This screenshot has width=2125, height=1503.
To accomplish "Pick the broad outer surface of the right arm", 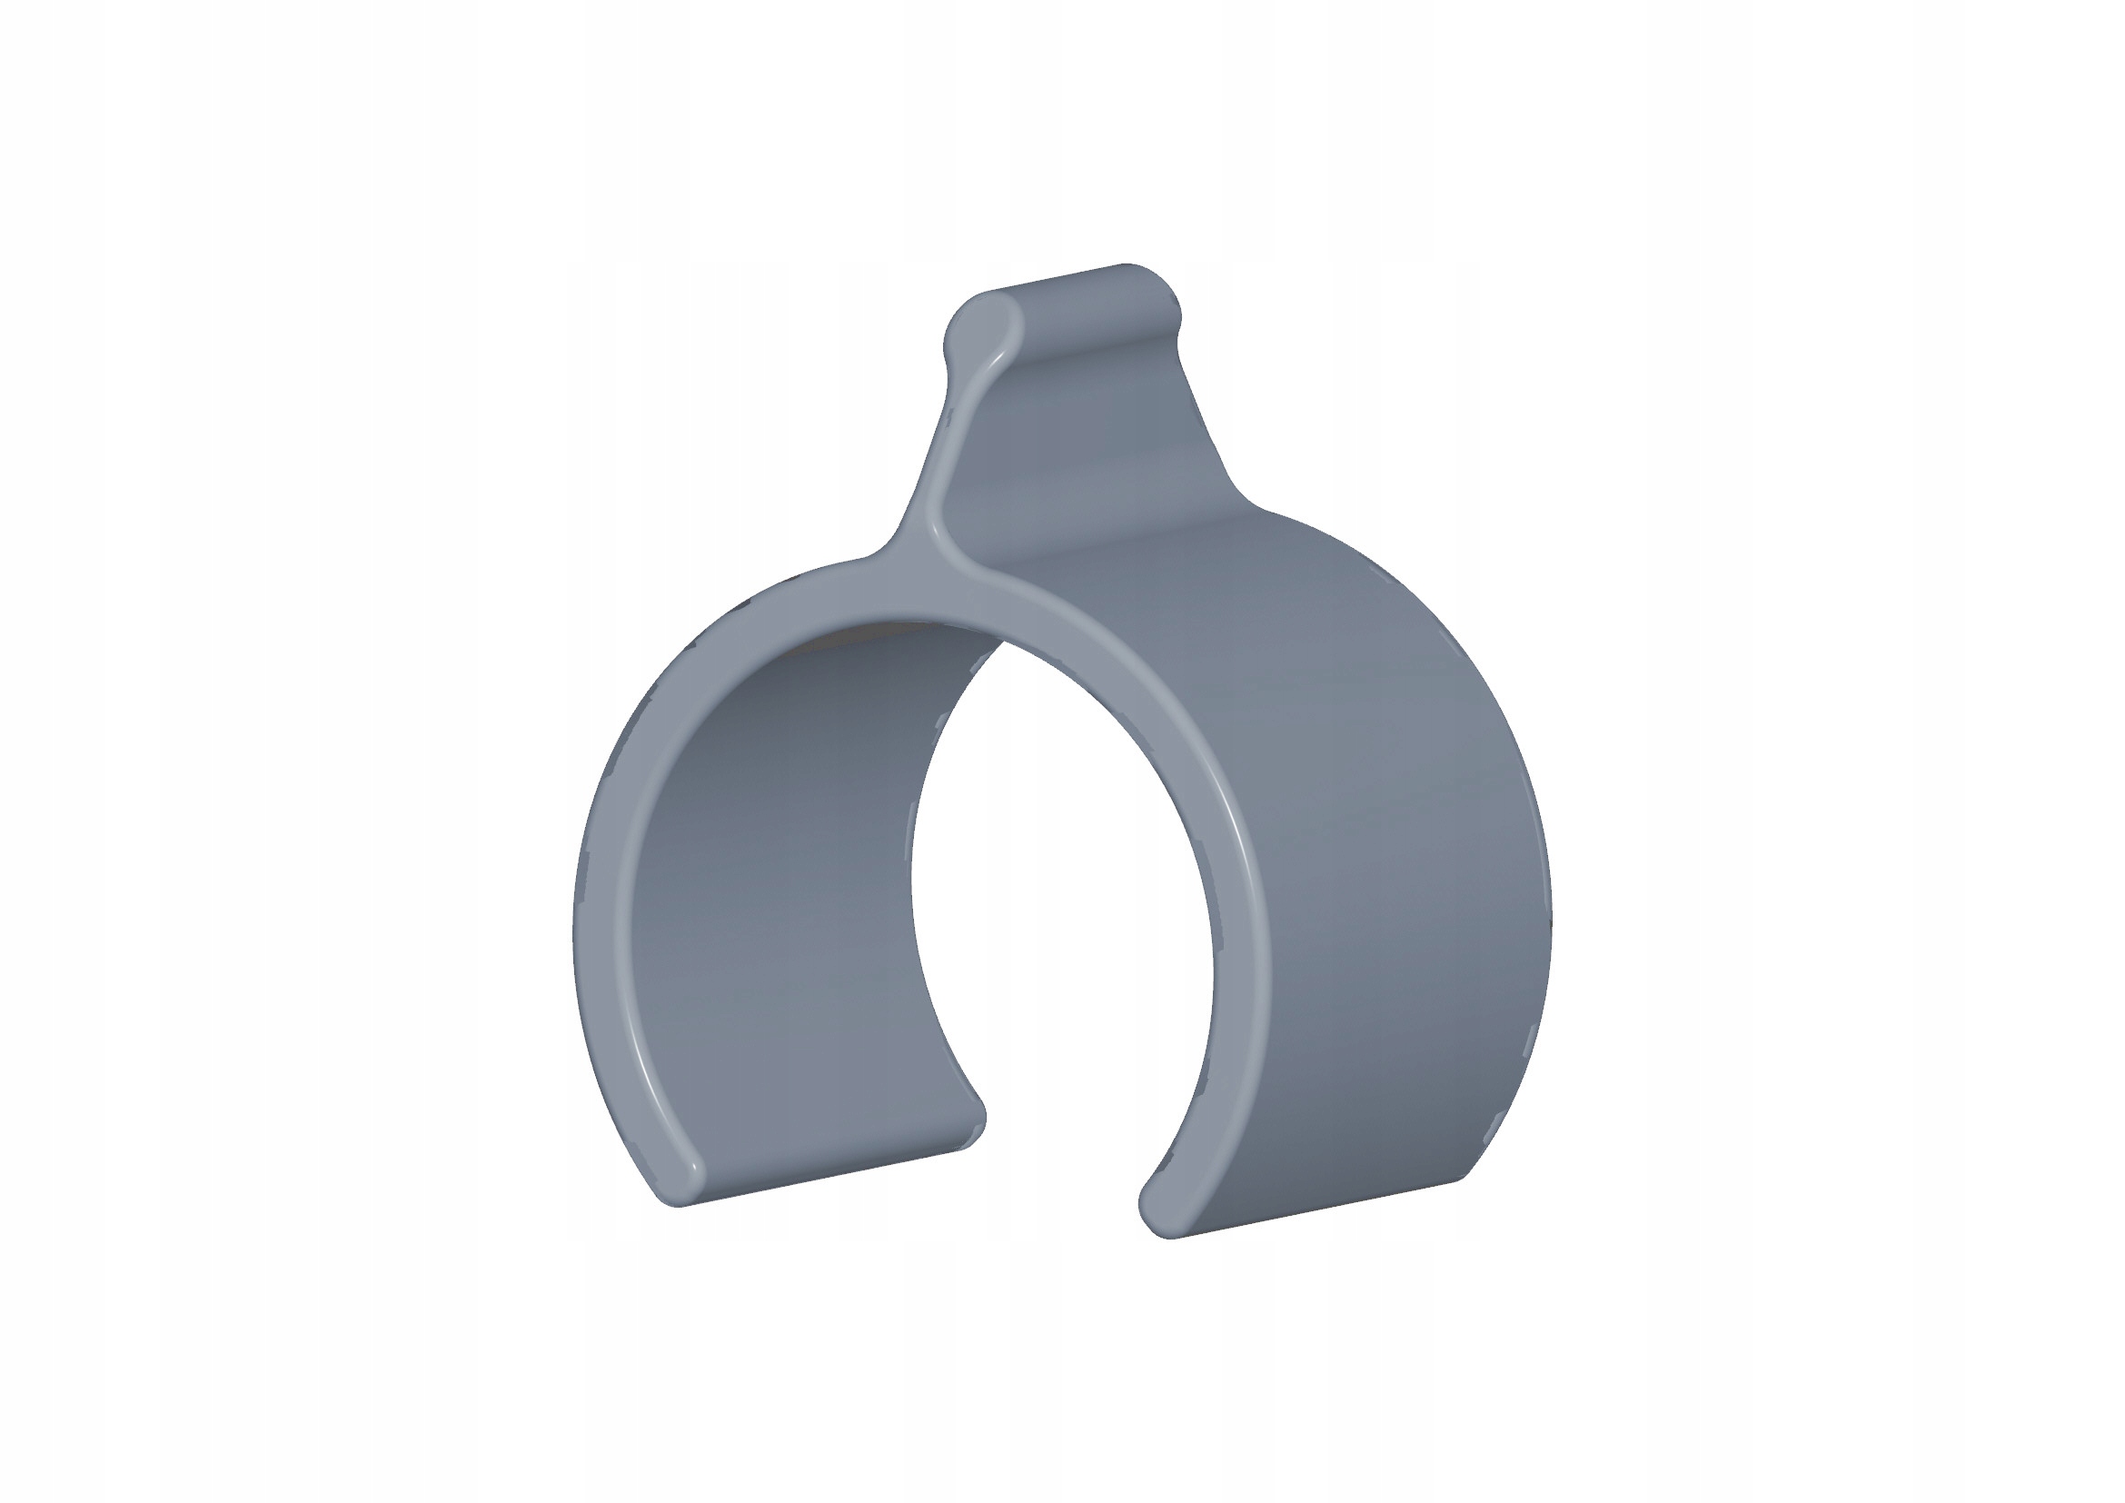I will pyautogui.click(x=1388, y=833).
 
